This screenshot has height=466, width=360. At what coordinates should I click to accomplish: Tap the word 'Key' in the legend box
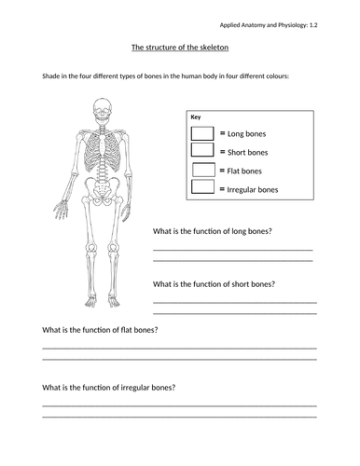[196, 117]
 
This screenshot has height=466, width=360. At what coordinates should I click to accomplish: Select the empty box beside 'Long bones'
[203, 134]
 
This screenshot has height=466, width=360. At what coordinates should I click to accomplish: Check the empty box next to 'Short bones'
[203, 152]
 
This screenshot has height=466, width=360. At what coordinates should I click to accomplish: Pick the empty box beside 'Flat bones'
[203, 171]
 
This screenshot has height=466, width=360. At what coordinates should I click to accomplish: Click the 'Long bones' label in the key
[244, 134]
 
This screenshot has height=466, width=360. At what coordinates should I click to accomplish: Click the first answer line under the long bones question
[232, 249]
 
